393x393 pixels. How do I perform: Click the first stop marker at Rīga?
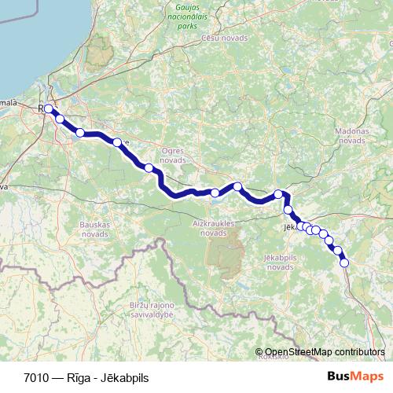coord(48,109)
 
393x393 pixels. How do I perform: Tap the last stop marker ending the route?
coord(344,263)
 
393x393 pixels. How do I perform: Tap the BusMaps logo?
coord(357,376)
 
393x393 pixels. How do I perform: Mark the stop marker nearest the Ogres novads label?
coord(149,167)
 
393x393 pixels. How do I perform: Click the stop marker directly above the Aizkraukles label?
coord(215,193)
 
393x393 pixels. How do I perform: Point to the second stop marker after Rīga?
coord(80,133)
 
